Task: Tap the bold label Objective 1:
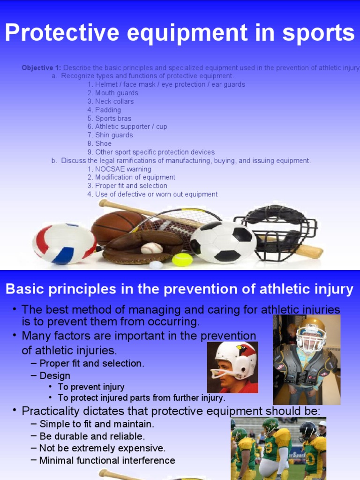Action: coord(41,68)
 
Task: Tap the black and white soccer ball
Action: coord(223,242)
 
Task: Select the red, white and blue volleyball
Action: coord(64,243)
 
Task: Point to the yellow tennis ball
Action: coord(182,259)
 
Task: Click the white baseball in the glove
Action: coord(152,248)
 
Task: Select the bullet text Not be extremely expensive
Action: coord(102,448)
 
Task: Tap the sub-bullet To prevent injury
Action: coord(91,387)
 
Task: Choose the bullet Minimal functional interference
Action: coord(107,460)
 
